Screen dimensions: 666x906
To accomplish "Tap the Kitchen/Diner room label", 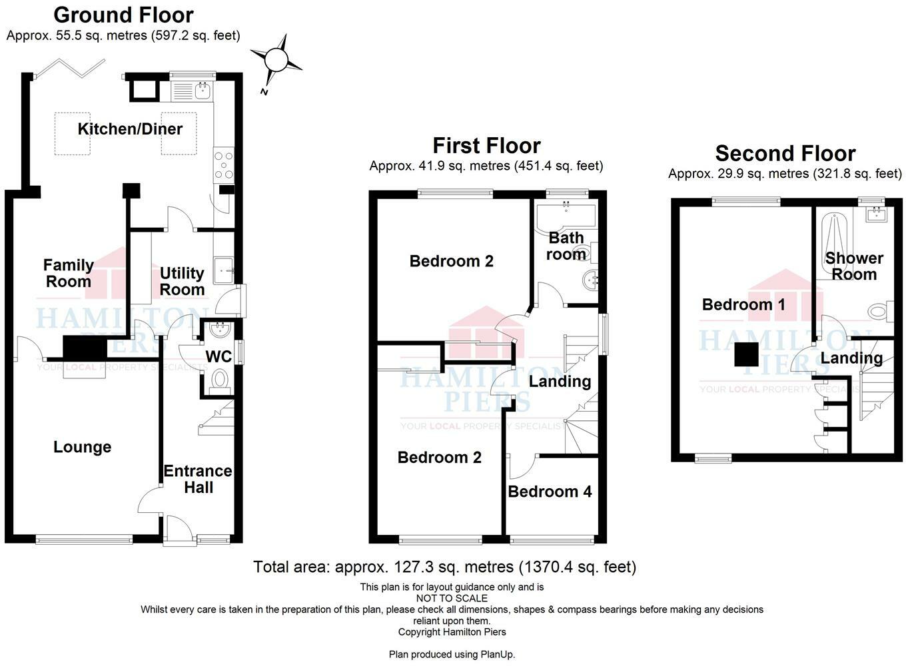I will pos(130,129).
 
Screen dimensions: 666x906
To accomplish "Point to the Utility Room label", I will pos(182,281).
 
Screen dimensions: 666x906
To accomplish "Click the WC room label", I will pos(218,357).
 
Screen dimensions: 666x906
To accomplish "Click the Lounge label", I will pos(83,447).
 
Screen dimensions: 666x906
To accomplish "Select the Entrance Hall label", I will pos(198,479).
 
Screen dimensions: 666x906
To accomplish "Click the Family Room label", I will pos(68,273).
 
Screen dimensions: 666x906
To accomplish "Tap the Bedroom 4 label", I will pos(550,492).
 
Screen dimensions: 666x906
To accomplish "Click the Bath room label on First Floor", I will pos(566,246).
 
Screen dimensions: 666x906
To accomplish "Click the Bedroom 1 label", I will pos(743,304).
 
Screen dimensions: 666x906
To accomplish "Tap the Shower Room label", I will pos(854,266).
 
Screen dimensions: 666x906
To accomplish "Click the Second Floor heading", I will pos(785,153).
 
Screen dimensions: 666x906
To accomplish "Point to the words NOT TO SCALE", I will pos(452,598).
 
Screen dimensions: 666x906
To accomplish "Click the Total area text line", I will pos(444,567).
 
